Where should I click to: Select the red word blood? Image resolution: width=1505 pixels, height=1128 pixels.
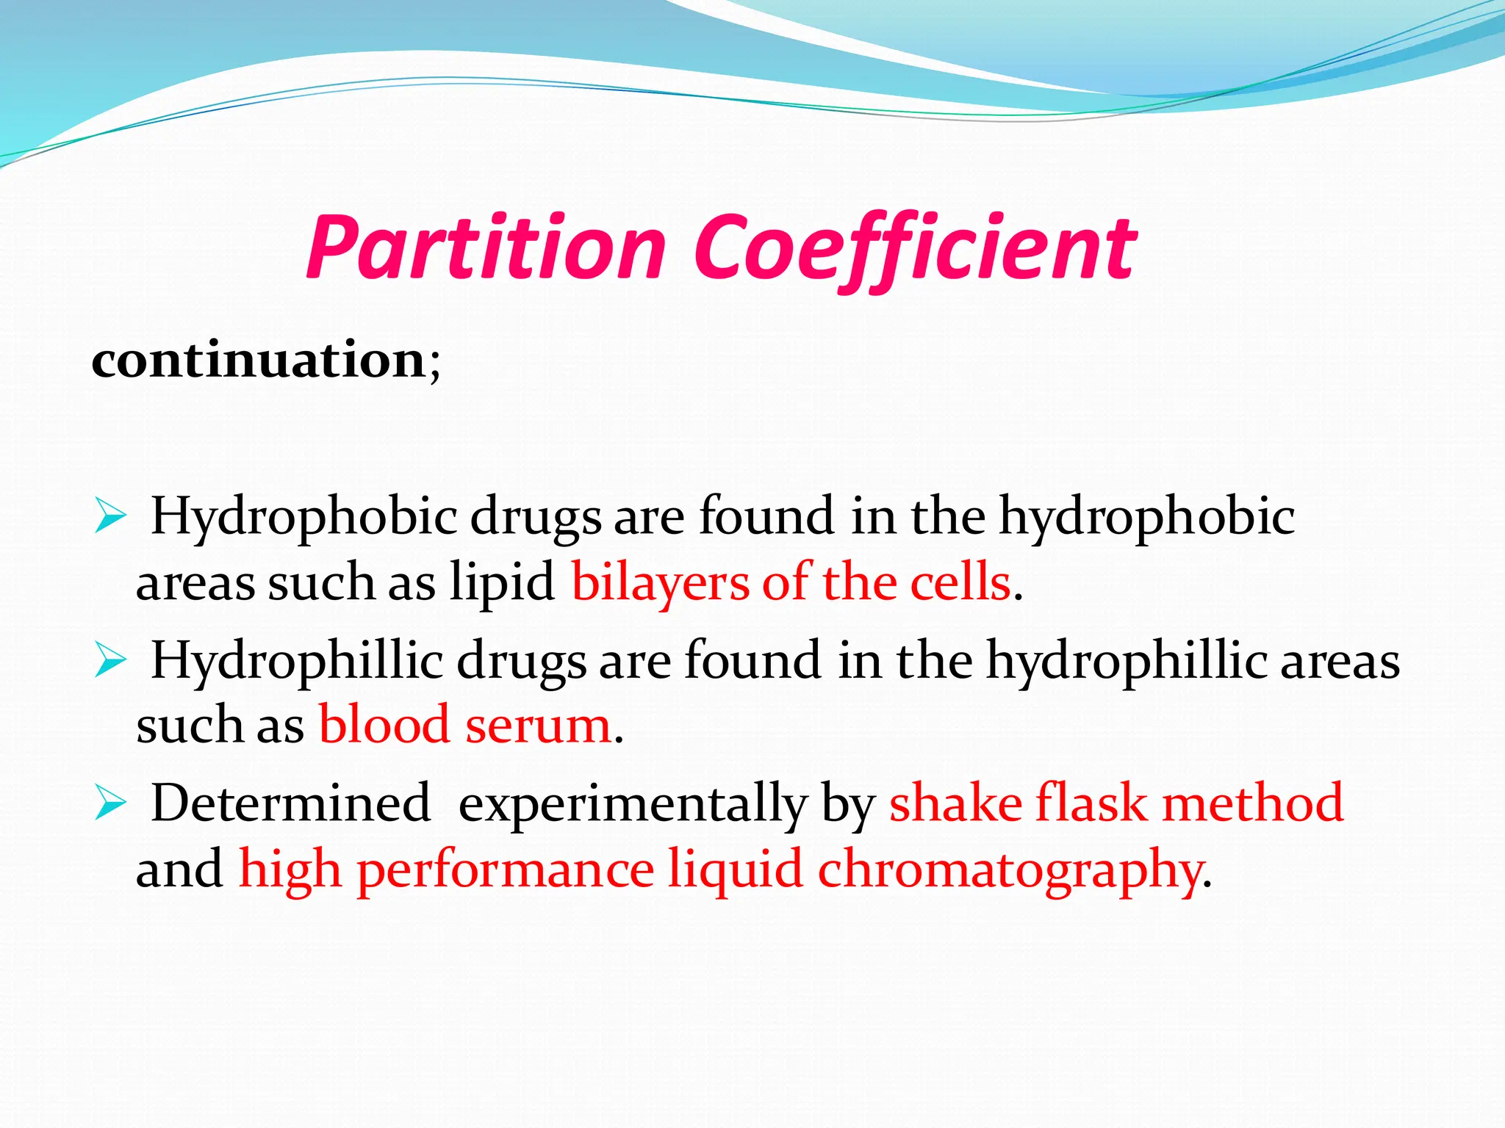pos(384,725)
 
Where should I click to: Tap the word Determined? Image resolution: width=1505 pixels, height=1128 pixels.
pos(290,803)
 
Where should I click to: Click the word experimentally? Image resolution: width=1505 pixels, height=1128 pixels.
pos(632,805)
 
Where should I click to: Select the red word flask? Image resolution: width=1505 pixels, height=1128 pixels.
pos(1091,803)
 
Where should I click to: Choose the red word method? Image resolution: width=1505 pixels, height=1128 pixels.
pos(1253,803)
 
